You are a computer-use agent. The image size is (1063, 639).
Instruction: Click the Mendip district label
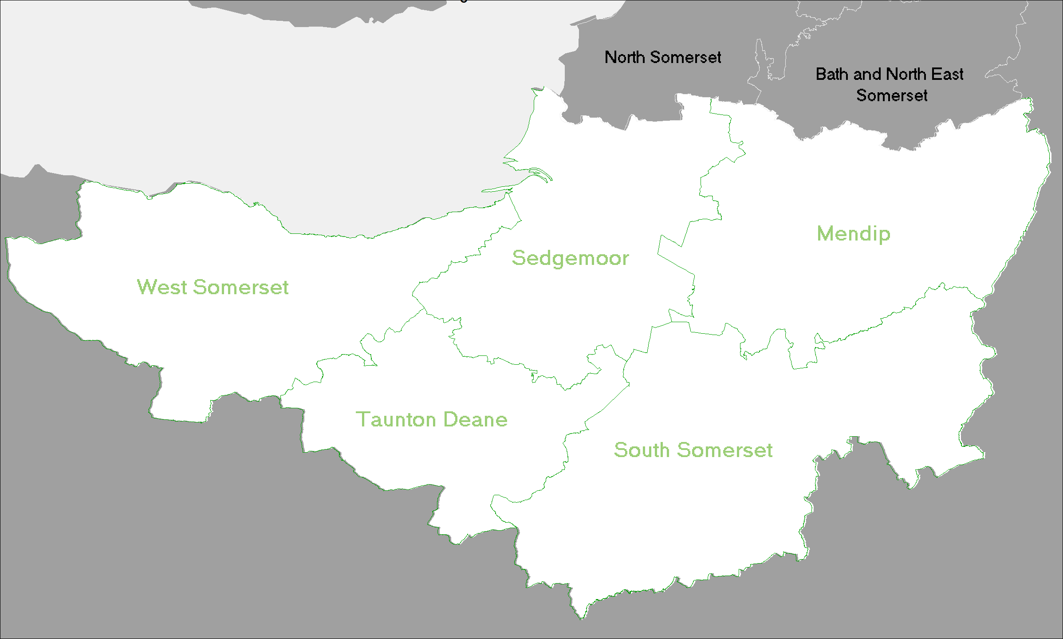853,234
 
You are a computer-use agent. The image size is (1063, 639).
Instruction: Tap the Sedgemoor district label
570,258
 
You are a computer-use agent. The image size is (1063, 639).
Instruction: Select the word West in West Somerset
162,287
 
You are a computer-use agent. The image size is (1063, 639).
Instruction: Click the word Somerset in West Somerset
241,287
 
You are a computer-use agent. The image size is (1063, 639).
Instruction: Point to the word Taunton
396,419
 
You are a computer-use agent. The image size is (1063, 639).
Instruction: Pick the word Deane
475,419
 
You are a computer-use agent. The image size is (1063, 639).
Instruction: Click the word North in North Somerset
625,57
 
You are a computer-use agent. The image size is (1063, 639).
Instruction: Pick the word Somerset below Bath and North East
892,95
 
